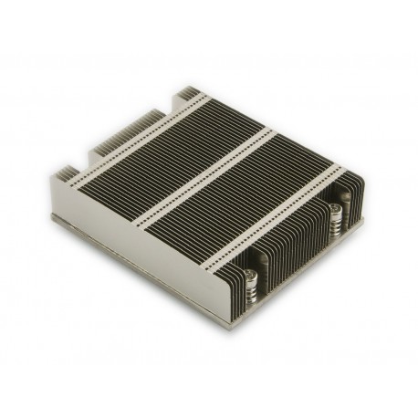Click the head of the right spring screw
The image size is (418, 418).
[x=335, y=211]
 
